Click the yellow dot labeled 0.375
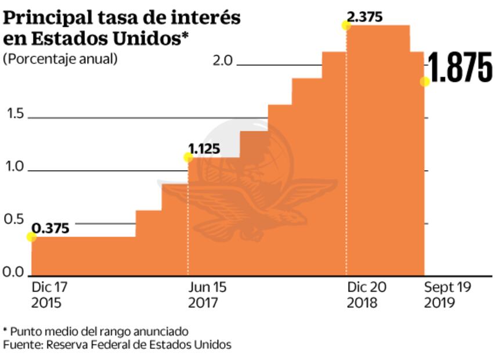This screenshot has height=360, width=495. pos(31,237)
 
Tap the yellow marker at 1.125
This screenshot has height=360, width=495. pos(188,157)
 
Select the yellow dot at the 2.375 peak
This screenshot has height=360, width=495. pos(346,26)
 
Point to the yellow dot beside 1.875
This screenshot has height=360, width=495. pos(425,82)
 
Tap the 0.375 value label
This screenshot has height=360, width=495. pos(50,228)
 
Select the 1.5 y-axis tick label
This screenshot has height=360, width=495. pos(16,114)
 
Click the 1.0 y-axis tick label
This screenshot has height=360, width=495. pos(16,167)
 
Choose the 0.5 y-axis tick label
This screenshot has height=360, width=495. pos(16,220)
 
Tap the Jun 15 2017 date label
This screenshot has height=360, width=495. pos(206,295)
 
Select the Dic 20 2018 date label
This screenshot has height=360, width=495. pos(366,295)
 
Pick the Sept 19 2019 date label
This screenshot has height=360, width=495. pos(447,295)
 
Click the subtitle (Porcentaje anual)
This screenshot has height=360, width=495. pos(60,59)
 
